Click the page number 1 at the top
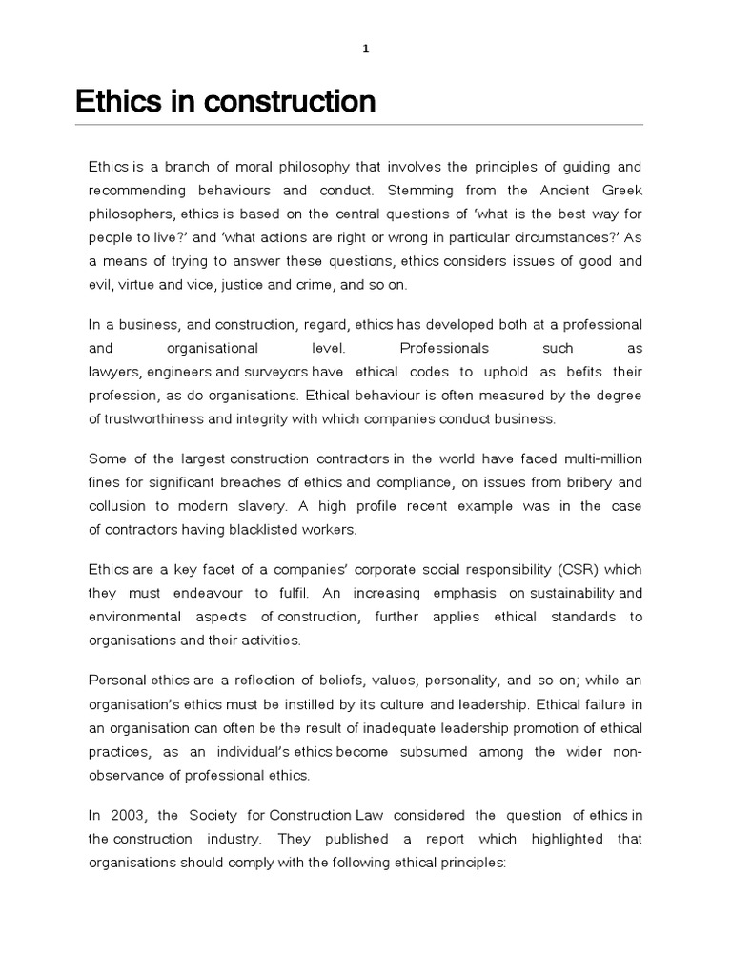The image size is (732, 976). pyautogui.click(x=365, y=51)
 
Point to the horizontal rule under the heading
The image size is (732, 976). pyautogui.click(x=359, y=125)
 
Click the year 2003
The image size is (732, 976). pyautogui.click(x=125, y=816)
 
